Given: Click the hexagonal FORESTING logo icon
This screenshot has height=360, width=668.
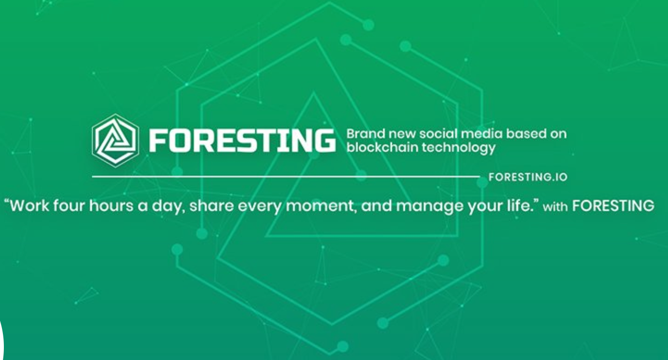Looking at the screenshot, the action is coord(115,140).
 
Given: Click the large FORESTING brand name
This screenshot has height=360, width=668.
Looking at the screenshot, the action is coord(242,140).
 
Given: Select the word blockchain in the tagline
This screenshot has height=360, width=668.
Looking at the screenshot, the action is coord(383,147).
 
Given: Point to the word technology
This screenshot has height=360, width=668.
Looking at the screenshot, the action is coord(459,148).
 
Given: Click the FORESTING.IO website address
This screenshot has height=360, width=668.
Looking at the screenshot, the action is coord(528,177).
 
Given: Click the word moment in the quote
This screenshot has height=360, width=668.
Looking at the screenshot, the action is coord(321,206).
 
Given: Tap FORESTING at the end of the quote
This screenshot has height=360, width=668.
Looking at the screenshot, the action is coord(613,206).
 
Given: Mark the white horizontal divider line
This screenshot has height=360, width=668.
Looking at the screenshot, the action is coord(286,177).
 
